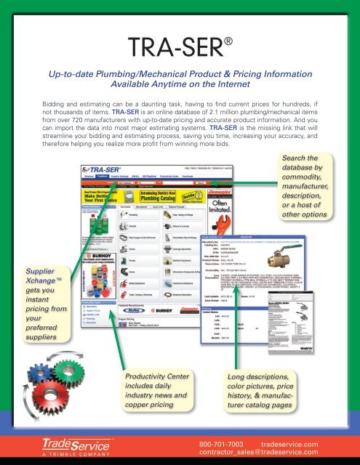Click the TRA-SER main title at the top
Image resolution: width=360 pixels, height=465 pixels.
click(x=175, y=51)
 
